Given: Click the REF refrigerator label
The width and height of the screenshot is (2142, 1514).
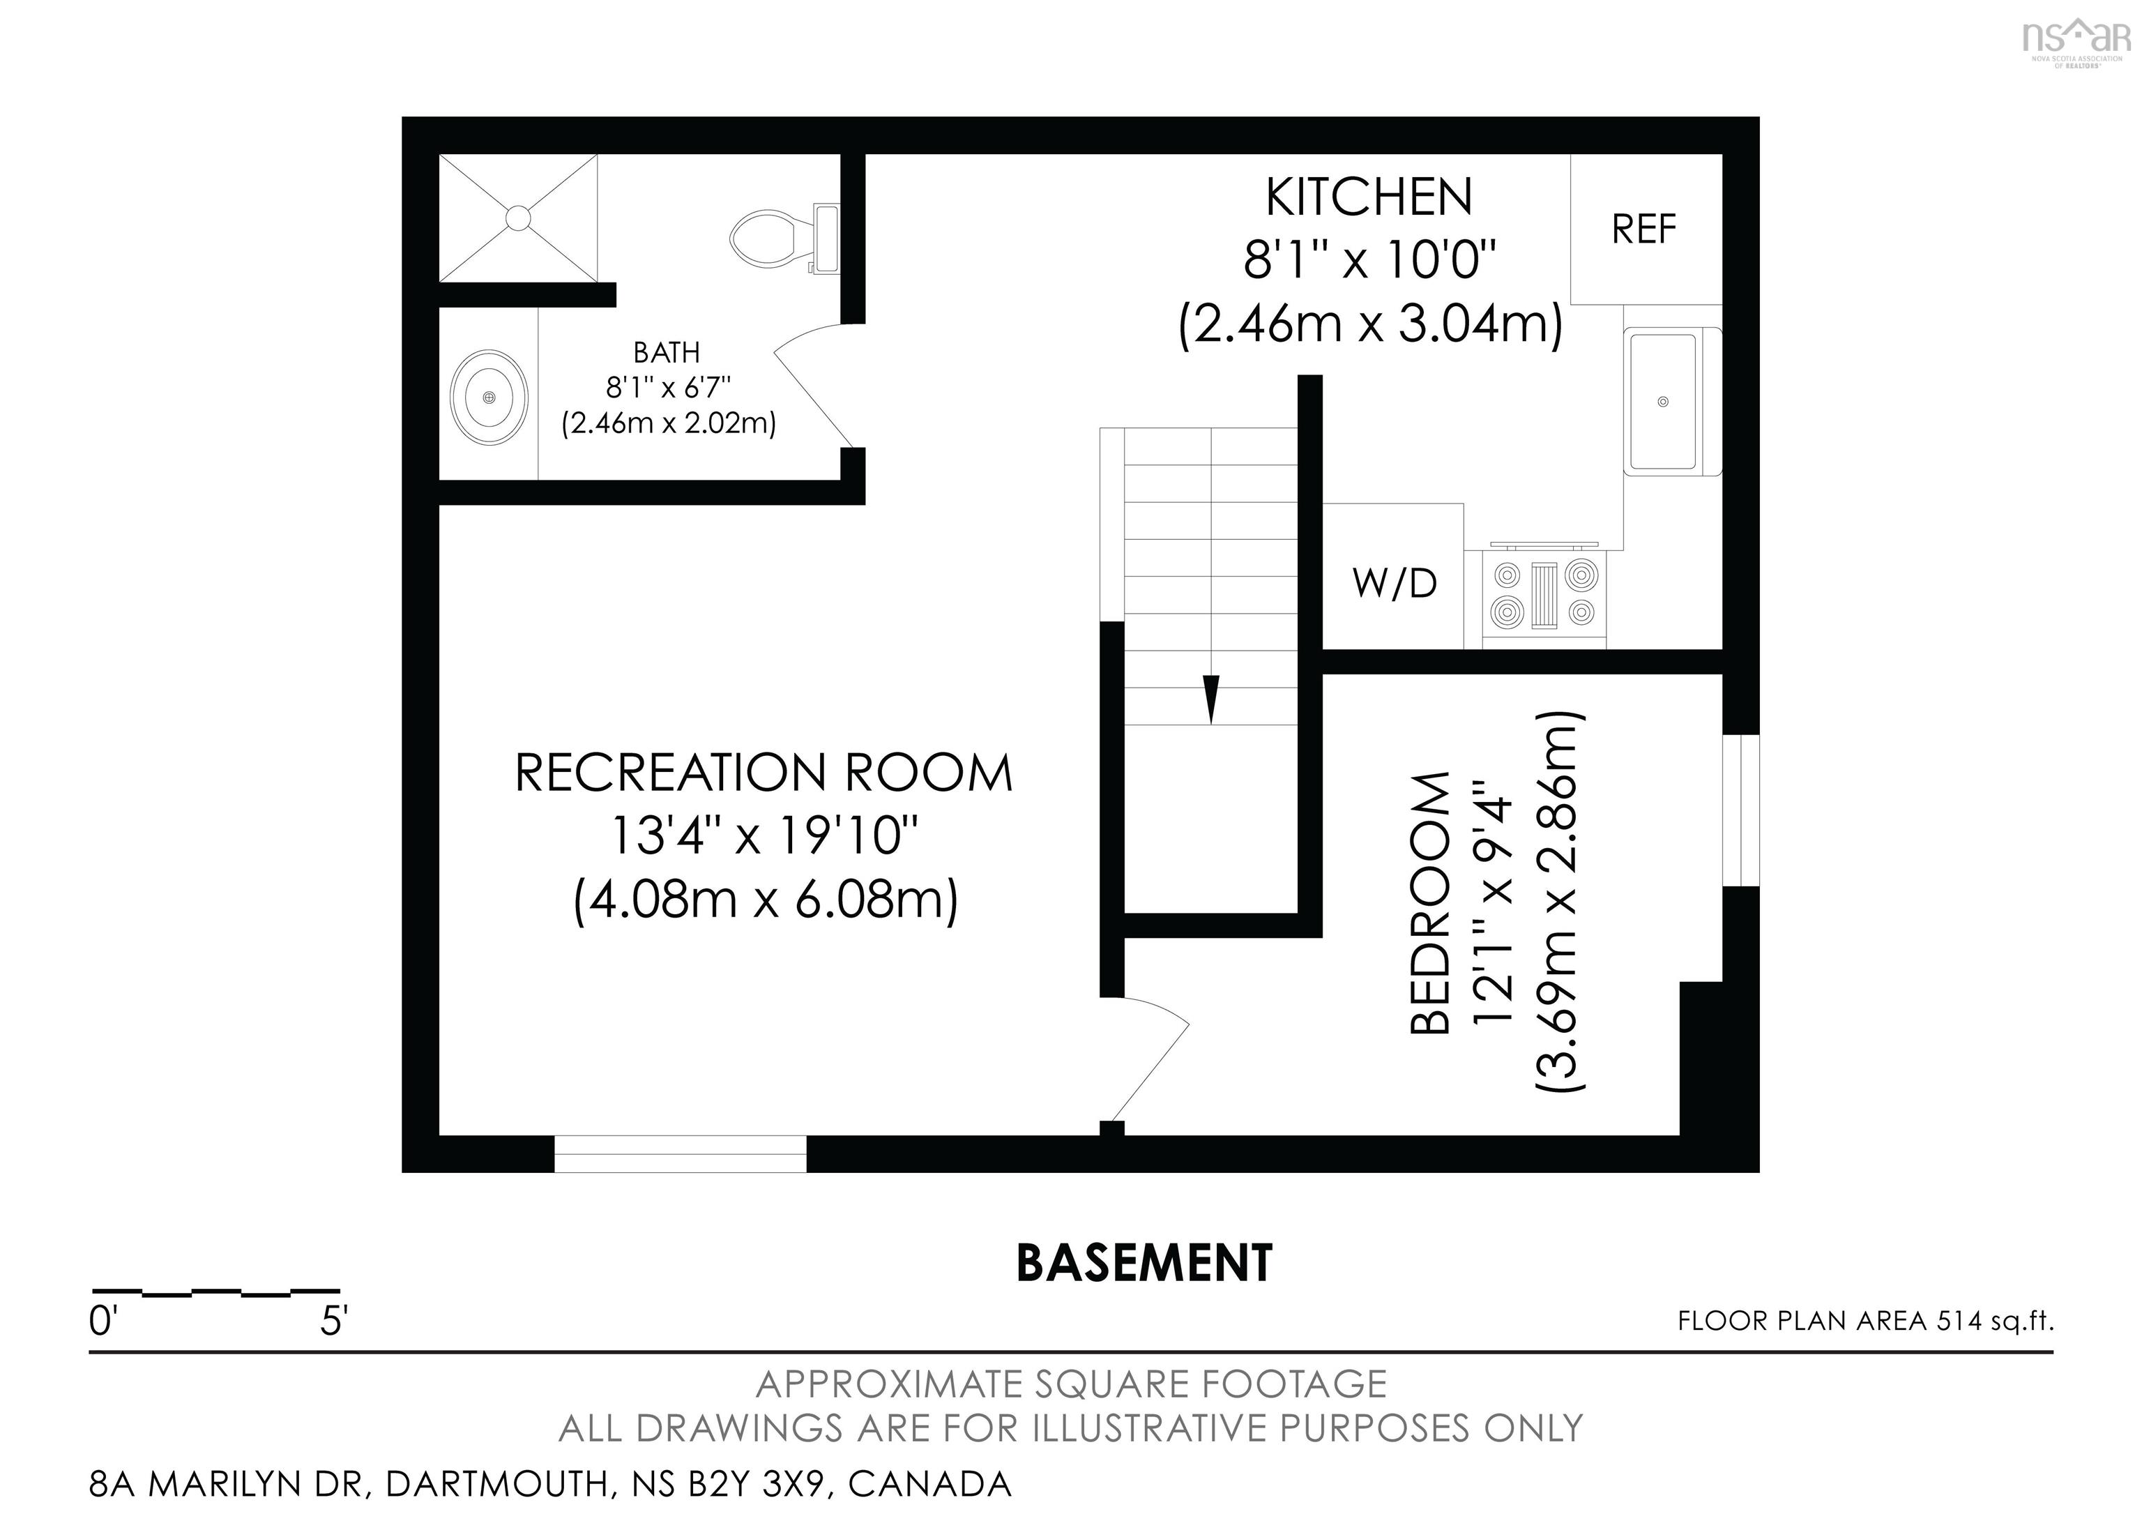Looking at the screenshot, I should [1644, 229].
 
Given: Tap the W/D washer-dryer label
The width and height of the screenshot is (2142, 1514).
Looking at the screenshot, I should [1395, 584].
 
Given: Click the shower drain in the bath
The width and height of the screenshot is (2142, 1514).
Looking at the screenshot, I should [518, 218].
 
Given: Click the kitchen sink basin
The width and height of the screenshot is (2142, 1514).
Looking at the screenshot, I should [1662, 401].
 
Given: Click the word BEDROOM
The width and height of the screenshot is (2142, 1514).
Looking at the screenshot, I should [1430, 903].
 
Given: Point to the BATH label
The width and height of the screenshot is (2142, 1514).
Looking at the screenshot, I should [666, 353].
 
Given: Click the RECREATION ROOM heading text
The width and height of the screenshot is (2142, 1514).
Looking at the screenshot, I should [763, 773].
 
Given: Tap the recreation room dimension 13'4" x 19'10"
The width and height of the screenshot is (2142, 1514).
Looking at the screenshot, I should [764, 836].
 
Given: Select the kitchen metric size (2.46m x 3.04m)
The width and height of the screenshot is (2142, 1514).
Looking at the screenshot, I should [1369, 325].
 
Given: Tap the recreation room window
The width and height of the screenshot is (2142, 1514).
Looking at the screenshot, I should [680, 1154].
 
